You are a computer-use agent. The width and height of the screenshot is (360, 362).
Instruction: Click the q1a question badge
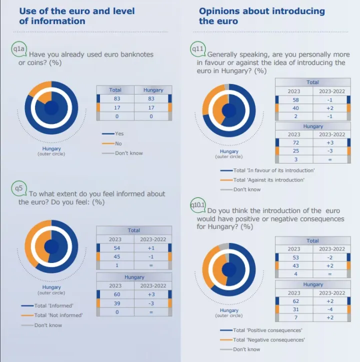19,48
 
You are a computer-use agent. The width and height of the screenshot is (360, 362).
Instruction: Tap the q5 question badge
19,188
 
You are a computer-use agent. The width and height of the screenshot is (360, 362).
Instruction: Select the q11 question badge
197,49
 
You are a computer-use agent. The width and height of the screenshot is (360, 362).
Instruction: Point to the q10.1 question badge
198,205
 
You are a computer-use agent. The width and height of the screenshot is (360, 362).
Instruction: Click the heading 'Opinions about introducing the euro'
261,15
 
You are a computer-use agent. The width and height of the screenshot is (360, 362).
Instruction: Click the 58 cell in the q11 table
295,100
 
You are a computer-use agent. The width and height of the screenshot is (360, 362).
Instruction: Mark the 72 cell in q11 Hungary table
295,143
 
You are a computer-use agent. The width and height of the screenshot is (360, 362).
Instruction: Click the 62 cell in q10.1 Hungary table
295,301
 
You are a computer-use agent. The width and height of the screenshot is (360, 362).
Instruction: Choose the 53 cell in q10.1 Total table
295,257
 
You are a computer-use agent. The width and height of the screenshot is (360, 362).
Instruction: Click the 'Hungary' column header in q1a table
153,90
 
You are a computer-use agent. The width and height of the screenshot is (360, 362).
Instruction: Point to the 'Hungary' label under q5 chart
51,287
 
